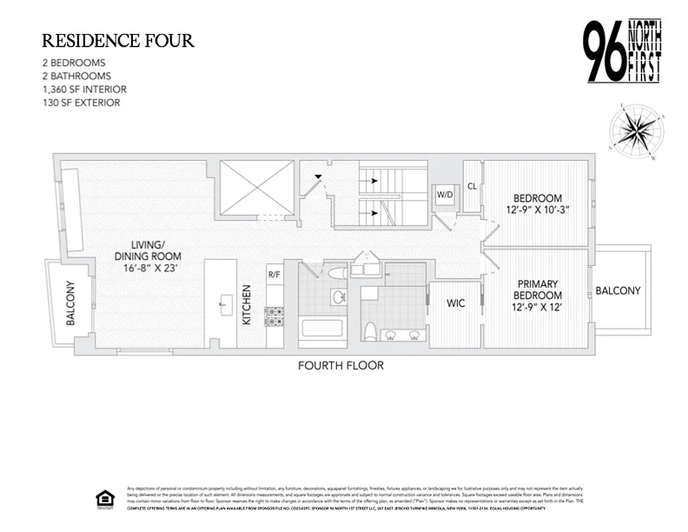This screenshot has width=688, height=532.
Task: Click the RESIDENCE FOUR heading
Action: click(118, 41)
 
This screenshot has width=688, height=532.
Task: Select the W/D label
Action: click(444, 194)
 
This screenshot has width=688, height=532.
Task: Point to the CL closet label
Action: click(472, 186)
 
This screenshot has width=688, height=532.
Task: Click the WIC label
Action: click(455, 303)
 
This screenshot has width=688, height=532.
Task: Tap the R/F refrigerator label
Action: click(274, 273)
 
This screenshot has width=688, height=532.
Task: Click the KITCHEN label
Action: click(247, 305)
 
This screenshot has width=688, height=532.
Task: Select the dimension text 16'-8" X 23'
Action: click(148, 269)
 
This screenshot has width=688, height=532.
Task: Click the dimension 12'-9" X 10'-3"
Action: click(537, 210)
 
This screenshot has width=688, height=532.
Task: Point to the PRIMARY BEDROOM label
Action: click(537, 289)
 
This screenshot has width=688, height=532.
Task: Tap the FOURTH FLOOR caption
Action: click(340, 365)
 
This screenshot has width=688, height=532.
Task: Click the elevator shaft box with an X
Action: click(257, 188)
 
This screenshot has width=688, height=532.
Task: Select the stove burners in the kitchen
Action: click(274, 316)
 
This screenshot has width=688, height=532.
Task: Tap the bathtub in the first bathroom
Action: click(321, 328)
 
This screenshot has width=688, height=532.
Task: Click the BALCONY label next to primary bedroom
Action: click(618, 291)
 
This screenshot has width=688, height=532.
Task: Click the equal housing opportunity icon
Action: click(105, 499)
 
